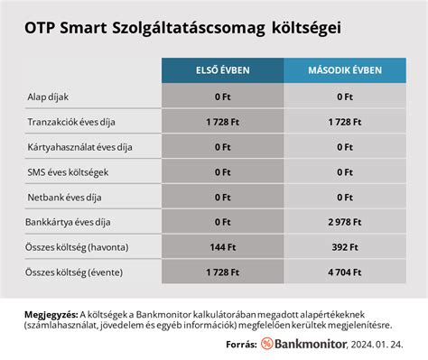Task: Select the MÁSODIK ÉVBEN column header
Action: [344, 69]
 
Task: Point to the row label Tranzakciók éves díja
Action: [70, 120]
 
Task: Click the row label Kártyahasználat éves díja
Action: [79, 145]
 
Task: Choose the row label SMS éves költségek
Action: [67, 171]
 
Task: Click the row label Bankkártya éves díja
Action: [69, 220]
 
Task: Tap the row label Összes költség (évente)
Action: [74, 271]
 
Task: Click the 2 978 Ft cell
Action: [344, 220]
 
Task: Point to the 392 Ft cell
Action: [344, 245]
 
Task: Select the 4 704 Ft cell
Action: [344, 271]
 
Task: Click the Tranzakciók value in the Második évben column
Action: [344, 120]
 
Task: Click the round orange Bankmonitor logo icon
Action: [267, 344]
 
